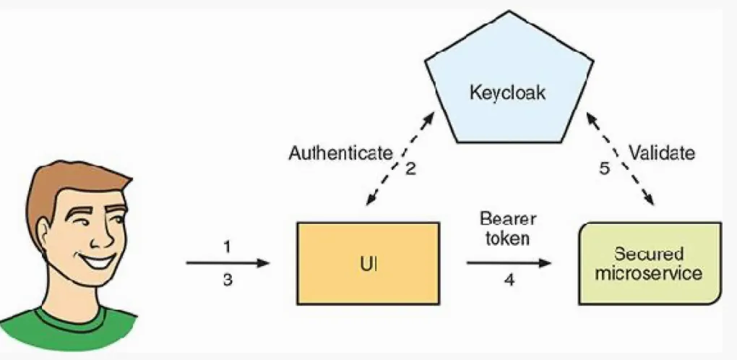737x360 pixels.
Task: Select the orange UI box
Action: click(x=368, y=263)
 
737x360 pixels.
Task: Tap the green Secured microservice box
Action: click(x=650, y=263)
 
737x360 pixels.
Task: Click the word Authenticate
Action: click(x=341, y=153)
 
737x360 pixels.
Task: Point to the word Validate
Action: click(x=661, y=153)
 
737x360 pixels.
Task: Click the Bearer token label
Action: click(x=508, y=228)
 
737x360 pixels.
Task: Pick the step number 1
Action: click(x=227, y=247)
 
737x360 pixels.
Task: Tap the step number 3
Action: click(x=227, y=280)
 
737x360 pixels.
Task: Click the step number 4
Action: click(x=509, y=280)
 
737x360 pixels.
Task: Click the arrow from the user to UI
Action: click(x=228, y=263)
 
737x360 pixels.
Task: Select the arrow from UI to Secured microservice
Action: click(x=509, y=263)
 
